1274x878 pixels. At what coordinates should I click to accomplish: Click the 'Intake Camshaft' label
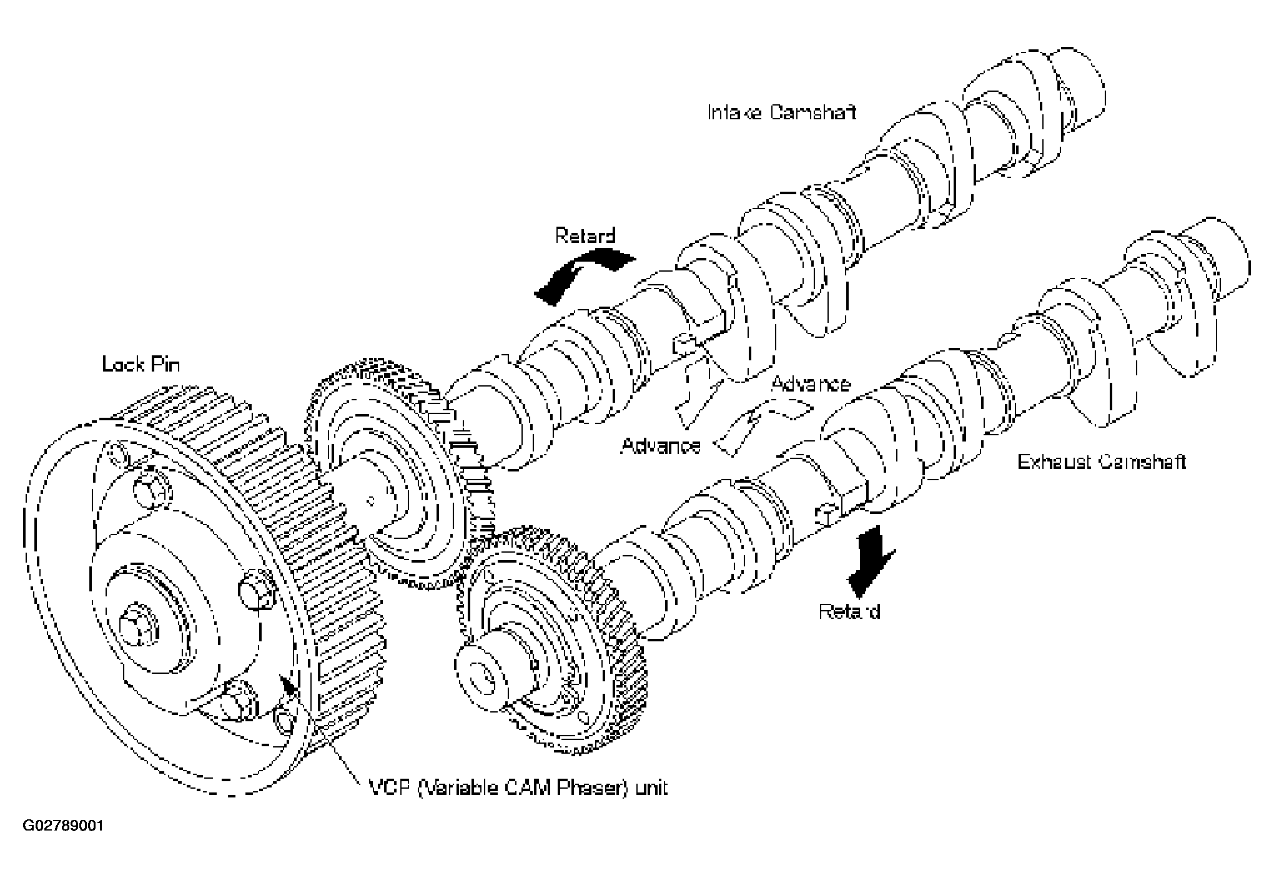pos(782,112)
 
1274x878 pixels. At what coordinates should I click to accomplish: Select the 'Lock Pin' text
pos(141,364)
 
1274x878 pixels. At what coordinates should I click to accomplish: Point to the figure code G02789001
pos(63,826)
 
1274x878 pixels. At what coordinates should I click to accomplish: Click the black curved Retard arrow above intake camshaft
pos(581,273)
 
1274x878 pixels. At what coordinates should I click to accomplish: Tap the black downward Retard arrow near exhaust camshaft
pos(871,569)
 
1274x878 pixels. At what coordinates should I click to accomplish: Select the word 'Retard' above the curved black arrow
pos(585,236)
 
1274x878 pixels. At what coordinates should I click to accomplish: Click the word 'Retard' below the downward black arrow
pos(849,611)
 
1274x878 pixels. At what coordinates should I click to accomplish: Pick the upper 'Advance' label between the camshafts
pos(811,383)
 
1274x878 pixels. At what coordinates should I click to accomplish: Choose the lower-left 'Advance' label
pos(661,445)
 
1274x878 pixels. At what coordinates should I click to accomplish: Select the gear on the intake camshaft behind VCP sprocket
pos(387,475)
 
